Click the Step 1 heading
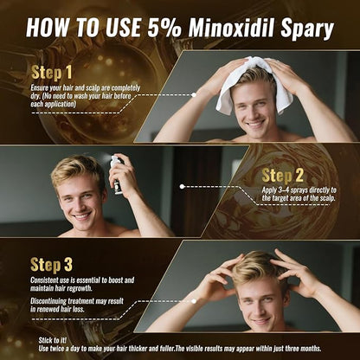(x=51, y=72)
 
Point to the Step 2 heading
(x=283, y=176)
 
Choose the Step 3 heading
(x=51, y=265)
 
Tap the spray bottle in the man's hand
(x=118, y=175)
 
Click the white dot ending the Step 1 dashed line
(x=194, y=94)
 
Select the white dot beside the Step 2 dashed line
(x=182, y=187)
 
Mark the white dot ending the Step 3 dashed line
(x=194, y=301)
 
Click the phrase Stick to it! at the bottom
(x=53, y=340)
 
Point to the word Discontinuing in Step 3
(x=48, y=301)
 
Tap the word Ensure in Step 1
(x=40, y=87)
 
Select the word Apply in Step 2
(x=269, y=190)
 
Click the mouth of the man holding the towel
(x=255, y=124)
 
